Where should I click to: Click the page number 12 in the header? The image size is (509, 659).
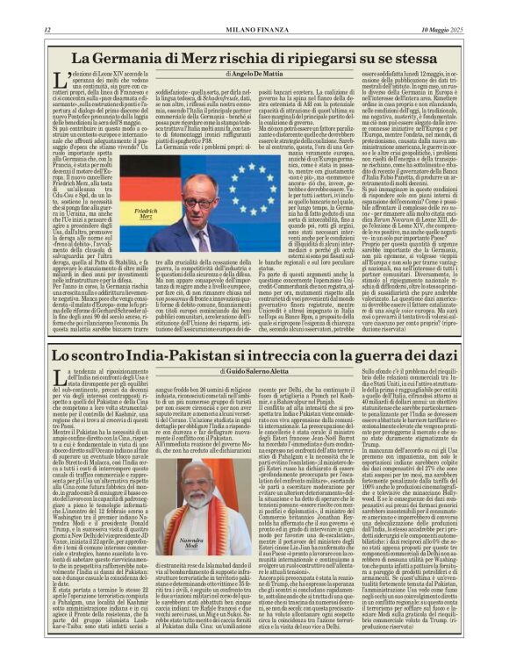(x=47, y=30)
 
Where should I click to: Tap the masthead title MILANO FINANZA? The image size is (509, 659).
(x=254, y=30)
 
